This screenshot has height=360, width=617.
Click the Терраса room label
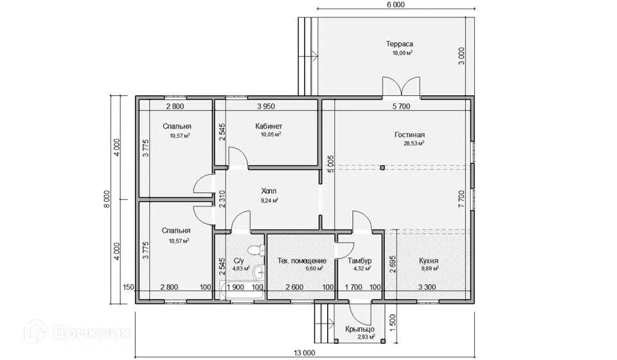click(x=399, y=44)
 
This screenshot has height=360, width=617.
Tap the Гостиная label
click(x=409, y=135)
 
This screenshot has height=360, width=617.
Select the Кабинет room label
click(x=269, y=126)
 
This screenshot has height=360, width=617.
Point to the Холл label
click(x=269, y=191)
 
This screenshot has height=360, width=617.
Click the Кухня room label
click(x=429, y=261)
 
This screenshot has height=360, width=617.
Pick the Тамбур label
click(x=360, y=261)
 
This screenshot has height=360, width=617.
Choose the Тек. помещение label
click(x=302, y=261)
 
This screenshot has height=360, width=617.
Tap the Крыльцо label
click(x=360, y=329)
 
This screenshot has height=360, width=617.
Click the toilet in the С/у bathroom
click(x=256, y=250)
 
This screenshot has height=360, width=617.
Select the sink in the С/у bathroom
click(x=258, y=271)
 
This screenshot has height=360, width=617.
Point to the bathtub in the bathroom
click(x=242, y=291)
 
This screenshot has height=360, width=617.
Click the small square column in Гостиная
click(x=382, y=168)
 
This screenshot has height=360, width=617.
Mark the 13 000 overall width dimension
click(x=304, y=353)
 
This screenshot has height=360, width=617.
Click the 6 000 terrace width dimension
click(x=396, y=4)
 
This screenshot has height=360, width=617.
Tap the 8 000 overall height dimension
click(x=106, y=200)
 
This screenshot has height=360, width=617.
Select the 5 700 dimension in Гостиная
click(x=401, y=106)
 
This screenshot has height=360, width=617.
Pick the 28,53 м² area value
click(x=414, y=143)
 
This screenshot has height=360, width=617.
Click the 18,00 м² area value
click(x=402, y=53)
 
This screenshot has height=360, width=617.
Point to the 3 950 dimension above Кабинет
click(x=266, y=106)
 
